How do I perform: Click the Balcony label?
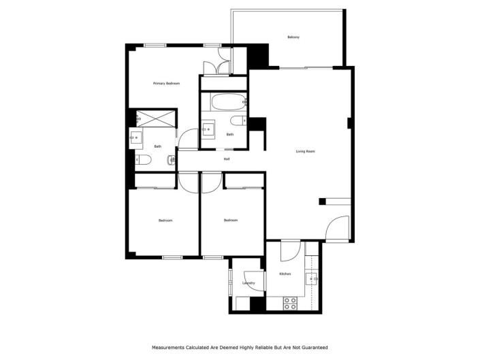294,37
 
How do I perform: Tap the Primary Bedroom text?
166,83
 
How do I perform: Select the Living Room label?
305,151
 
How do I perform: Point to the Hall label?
227,159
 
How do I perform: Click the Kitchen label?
285,274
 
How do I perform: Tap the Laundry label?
249,282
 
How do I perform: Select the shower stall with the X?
155,118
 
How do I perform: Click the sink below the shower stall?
136,138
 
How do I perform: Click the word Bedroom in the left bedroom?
165,220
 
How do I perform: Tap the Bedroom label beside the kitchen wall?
231,220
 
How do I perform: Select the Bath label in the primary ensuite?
157,146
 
